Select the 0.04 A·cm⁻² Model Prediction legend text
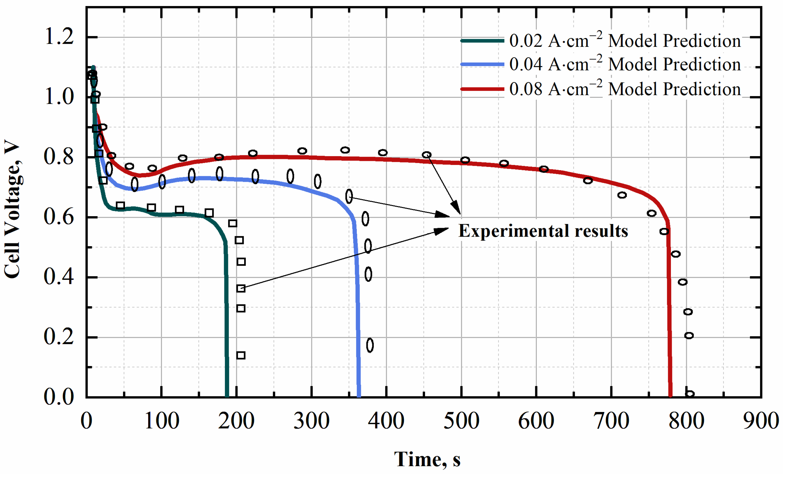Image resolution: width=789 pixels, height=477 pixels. coord(625,64)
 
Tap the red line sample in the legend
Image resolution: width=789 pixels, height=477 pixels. coord(482,89)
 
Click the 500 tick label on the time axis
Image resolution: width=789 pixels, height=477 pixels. coord(461,421)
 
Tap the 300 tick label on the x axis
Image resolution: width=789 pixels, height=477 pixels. coord(311,421)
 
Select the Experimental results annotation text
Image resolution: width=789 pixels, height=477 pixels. coord(543,231)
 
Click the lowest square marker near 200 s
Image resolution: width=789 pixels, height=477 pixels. coord(241,356)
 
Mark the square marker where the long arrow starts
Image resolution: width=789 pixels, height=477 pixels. coord(241,289)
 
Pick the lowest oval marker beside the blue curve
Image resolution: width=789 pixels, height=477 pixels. coord(370,345)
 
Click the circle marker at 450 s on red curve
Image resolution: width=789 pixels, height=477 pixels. coord(426,155)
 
